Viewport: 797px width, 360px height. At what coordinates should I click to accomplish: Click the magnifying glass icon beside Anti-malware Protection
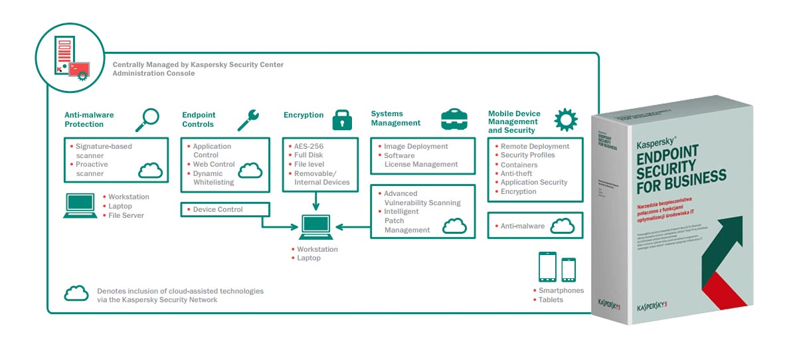tap(147, 120)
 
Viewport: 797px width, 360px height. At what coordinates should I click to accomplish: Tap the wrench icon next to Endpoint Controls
tap(248, 119)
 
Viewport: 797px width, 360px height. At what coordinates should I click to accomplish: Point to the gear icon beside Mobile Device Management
tap(565, 120)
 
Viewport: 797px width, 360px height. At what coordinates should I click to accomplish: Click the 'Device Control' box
tap(225, 210)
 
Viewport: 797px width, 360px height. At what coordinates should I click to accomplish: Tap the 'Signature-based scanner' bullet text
tap(104, 150)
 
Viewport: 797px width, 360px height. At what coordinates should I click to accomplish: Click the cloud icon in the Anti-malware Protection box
tap(151, 171)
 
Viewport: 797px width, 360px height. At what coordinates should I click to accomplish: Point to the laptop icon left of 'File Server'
tap(80, 205)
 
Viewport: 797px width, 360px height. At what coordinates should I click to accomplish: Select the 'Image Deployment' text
tap(416, 146)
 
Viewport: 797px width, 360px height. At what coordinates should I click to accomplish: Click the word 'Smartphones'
tap(561, 290)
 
